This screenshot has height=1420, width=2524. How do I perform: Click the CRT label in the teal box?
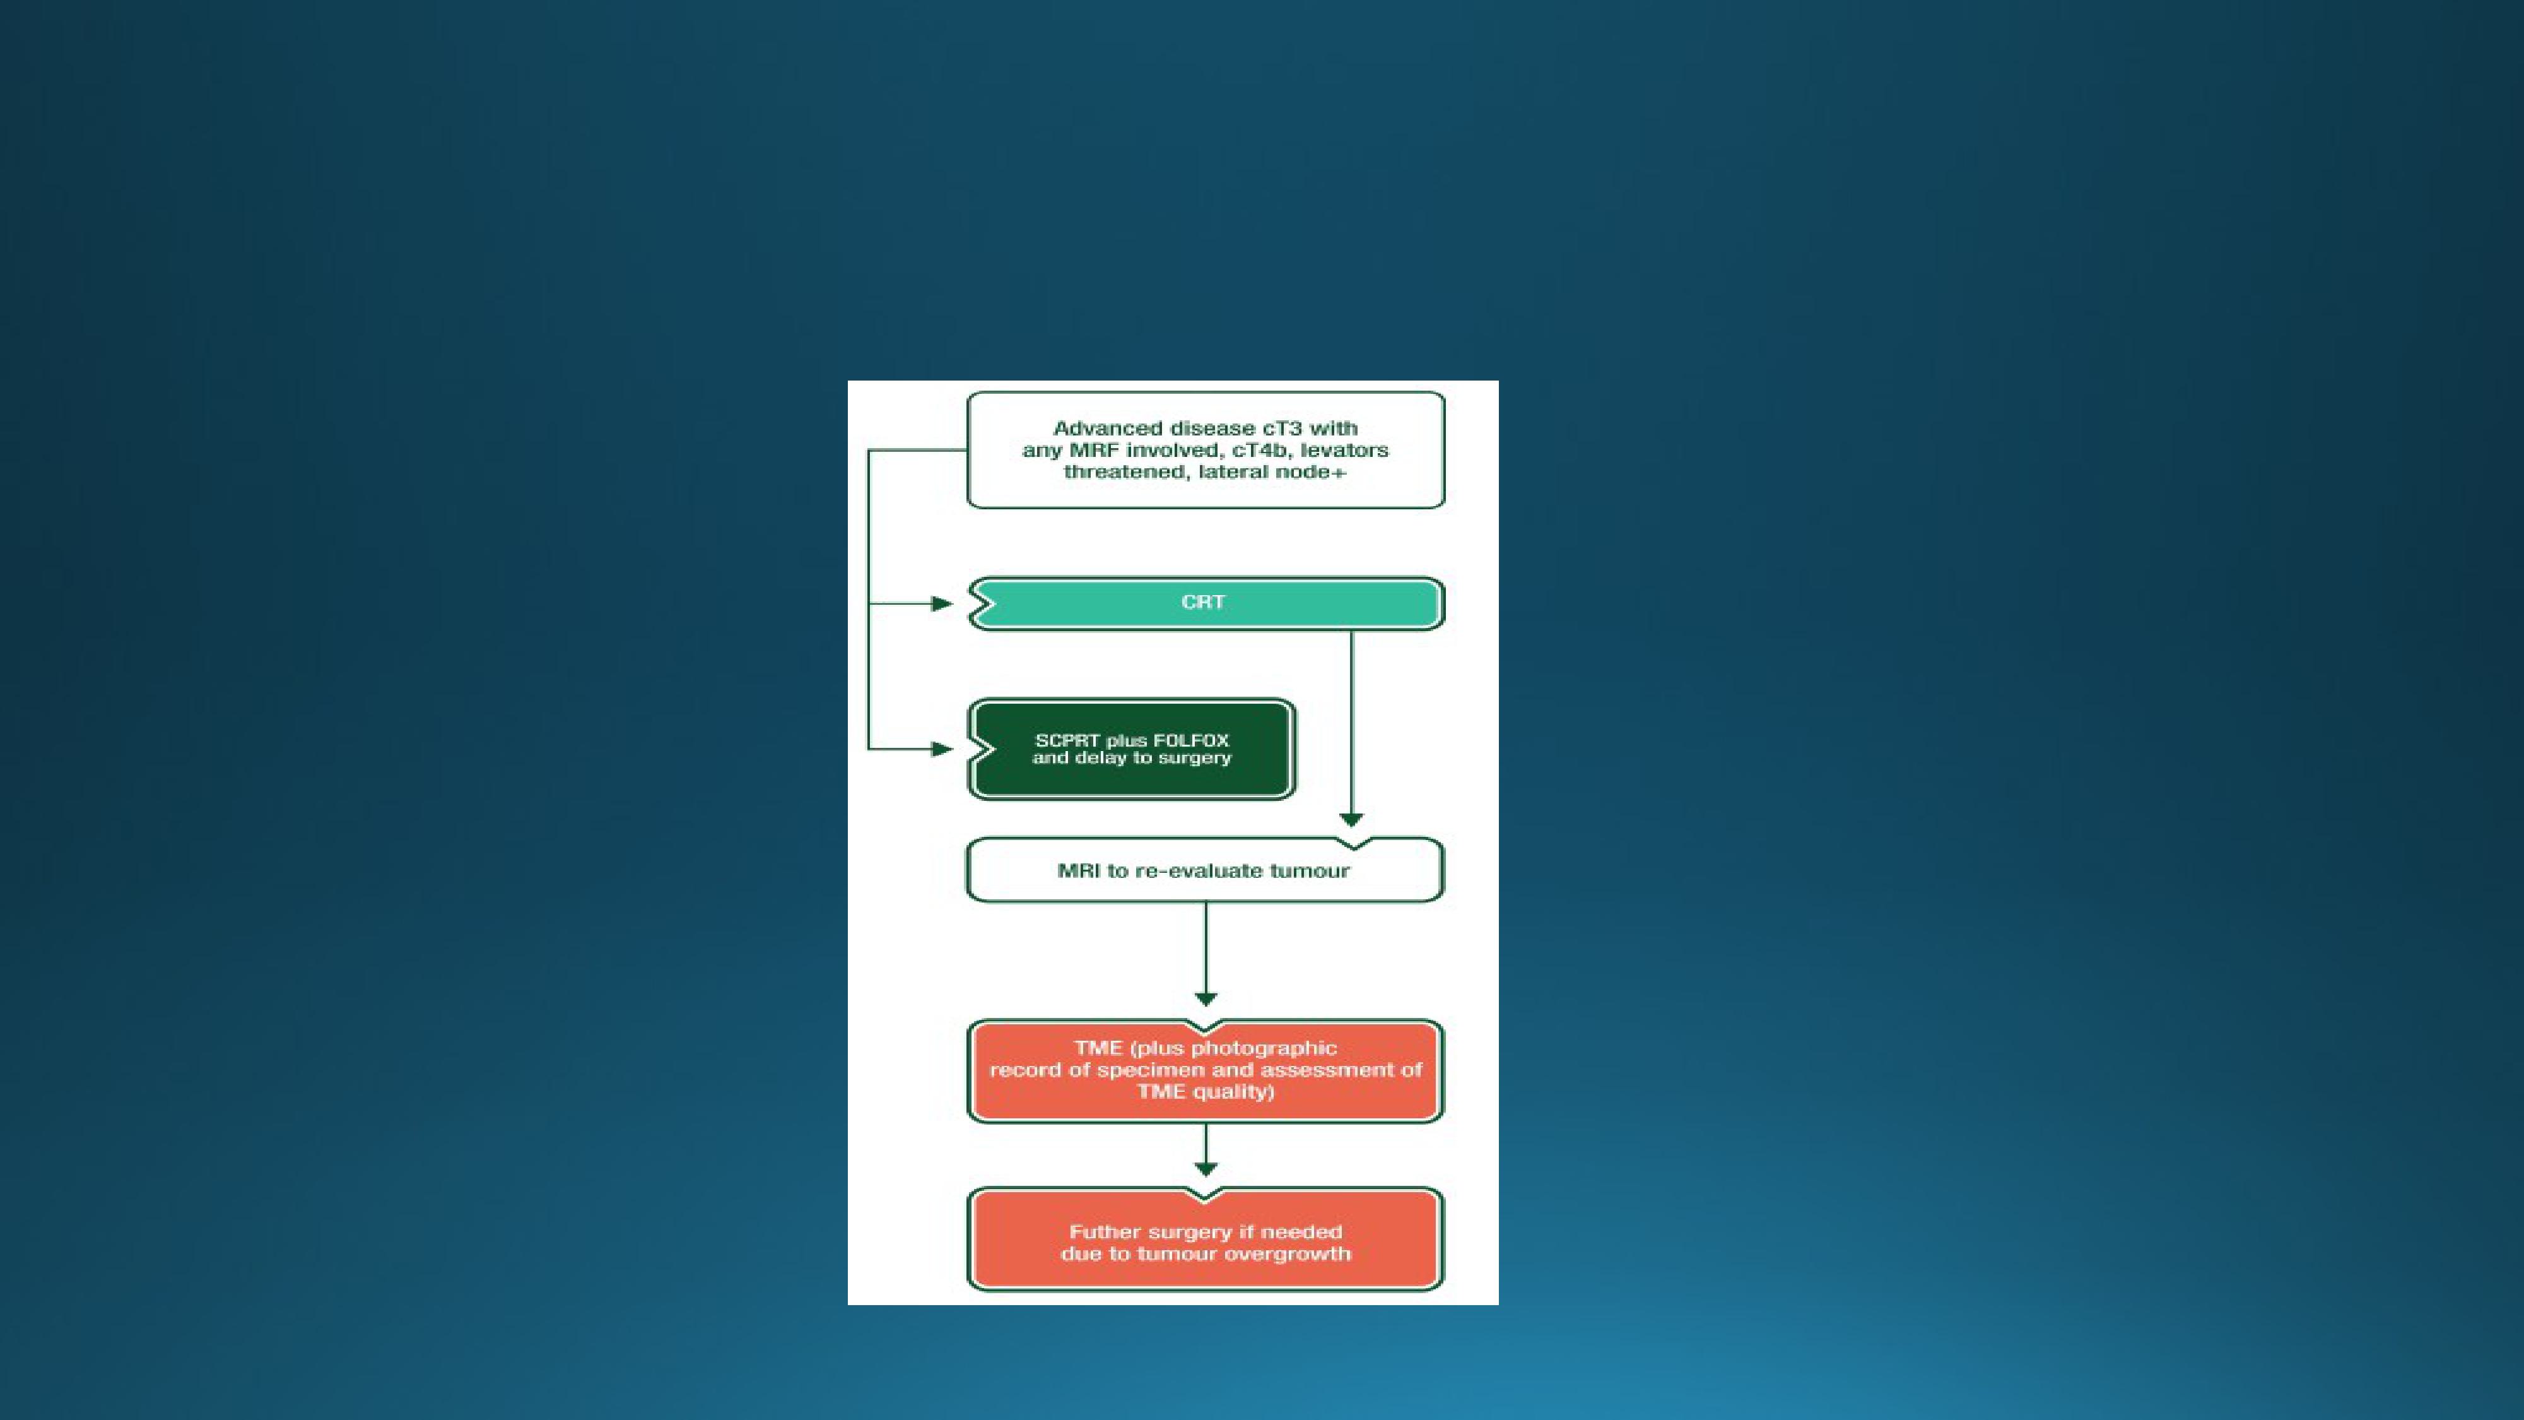pyautogui.click(x=1203, y=601)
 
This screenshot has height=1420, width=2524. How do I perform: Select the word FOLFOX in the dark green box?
pyautogui.click(x=1192, y=741)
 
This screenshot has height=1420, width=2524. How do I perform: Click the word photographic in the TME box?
pyautogui.click(x=1264, y=1048)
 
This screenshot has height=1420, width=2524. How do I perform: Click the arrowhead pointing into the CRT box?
pyautogui.click(x=942, y=604)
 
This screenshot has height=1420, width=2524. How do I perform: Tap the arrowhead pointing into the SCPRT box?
pyautogui.click(x=942, y=750)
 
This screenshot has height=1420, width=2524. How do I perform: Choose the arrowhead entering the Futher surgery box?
pyautogui.click(x=1206, y=1169)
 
